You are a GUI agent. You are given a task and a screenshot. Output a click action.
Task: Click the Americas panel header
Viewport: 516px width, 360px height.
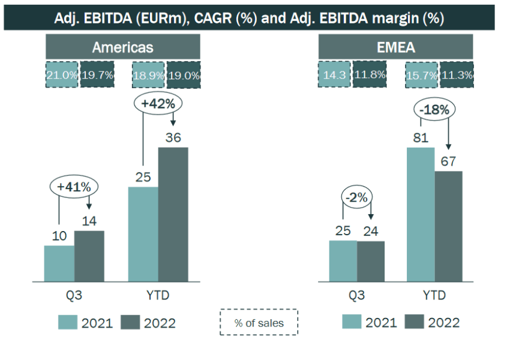(122, 47)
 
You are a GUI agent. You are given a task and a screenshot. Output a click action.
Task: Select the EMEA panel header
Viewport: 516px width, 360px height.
(395, 47)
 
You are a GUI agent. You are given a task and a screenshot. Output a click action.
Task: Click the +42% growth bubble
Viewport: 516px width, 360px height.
(158, 103)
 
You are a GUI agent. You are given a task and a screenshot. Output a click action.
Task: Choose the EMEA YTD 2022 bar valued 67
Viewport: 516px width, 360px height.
(448, 226)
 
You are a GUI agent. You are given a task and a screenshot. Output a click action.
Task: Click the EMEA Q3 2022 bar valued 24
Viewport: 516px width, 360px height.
(371, 261)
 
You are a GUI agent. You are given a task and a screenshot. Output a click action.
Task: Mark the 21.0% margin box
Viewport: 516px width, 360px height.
(62, 75)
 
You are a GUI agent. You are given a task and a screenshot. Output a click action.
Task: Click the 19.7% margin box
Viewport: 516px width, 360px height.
(97, 75)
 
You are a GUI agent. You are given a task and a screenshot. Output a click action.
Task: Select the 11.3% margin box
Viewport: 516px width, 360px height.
(457, 75)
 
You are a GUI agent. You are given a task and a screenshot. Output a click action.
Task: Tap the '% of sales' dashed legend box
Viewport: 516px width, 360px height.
(259, 323)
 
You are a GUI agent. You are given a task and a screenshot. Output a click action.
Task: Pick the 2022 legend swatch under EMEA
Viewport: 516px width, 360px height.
(414, 322)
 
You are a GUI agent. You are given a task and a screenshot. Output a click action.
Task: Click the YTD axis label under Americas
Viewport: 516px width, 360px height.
(158, 296)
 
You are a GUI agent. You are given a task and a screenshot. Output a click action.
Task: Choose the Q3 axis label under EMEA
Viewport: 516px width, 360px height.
(356, 296)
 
